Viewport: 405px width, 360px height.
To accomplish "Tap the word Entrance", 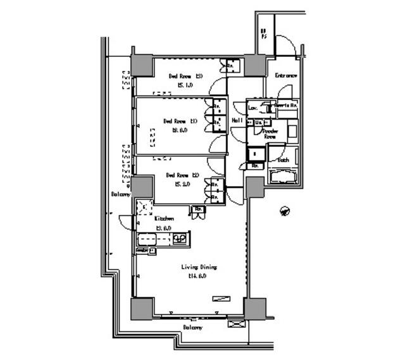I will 286,76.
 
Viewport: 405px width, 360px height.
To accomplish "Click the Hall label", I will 237,120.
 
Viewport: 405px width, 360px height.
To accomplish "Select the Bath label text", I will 283,160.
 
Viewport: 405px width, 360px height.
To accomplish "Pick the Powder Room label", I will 270,133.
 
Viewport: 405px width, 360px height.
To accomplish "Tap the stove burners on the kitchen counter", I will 180,239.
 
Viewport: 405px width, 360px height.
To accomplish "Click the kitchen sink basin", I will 149,239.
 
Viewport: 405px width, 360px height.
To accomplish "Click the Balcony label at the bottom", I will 193,328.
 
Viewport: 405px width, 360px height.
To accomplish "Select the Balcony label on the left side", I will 118,194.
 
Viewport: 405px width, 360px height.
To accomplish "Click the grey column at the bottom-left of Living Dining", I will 142,308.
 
